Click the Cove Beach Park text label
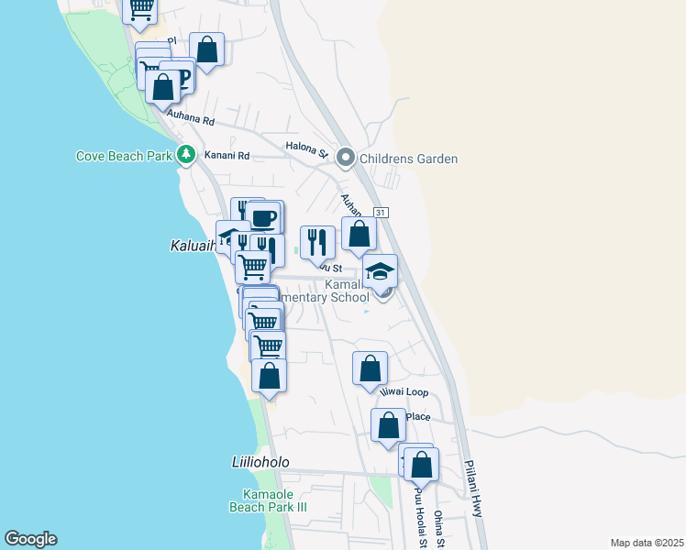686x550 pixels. pos(124,156)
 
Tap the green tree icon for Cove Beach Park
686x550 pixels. pos(186,155)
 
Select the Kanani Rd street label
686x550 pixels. pos(227,156)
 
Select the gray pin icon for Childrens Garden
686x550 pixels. pos(346,158)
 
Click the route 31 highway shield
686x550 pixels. pos(382,212)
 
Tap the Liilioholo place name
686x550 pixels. pos(260,463)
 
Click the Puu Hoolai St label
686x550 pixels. pos(418,518)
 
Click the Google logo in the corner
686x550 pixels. pos(30,539)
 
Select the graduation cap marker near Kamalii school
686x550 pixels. pos(381,271)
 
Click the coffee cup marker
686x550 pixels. pos(264,218)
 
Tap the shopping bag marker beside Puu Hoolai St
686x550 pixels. pos(421,465)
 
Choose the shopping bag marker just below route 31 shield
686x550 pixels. pos(360,234)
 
